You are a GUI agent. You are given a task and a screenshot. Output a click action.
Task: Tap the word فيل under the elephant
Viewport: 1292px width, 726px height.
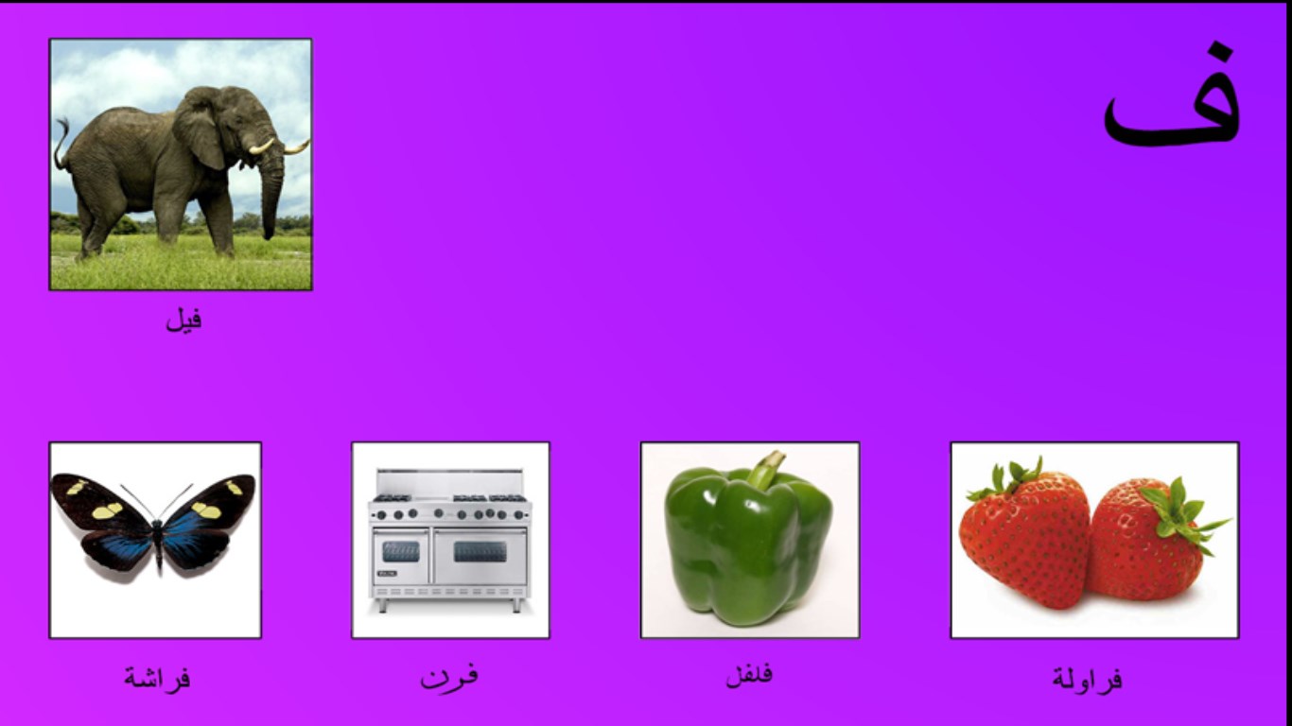[x=184, y=320]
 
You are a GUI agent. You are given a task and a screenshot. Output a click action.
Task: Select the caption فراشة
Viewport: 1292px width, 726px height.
[x=157, y=677]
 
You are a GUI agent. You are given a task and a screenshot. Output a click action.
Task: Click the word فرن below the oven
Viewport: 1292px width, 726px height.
[x=449, y=677]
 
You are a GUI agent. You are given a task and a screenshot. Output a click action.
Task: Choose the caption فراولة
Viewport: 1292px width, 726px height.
[x=1088, y=678]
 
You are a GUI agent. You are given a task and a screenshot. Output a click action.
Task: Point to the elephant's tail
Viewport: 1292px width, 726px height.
[x=61, y=145]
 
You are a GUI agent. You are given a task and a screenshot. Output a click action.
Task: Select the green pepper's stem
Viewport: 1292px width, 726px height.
[x=766, y=468]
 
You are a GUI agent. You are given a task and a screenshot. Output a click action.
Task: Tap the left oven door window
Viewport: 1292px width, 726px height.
[x=400, y=552]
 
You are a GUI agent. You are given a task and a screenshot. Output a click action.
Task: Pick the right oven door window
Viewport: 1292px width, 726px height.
[x=480, y=552]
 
